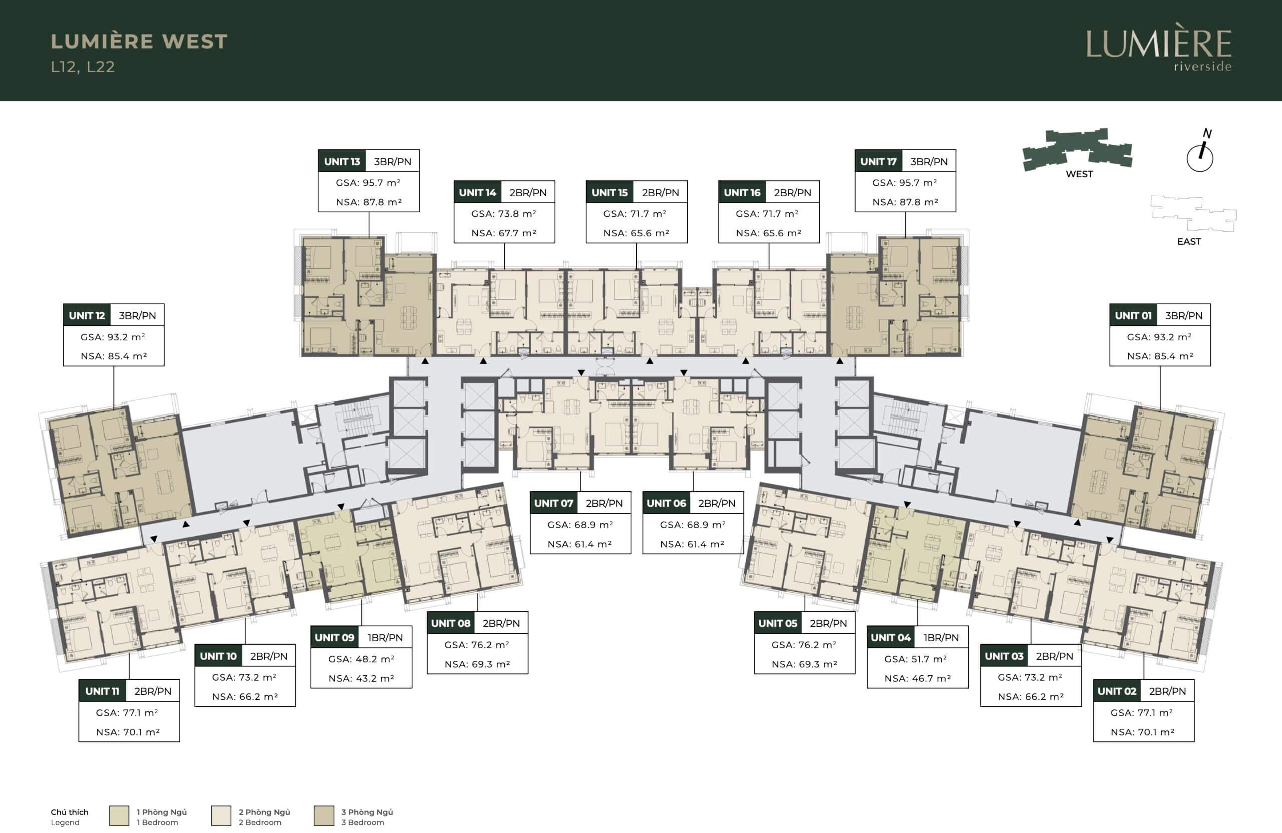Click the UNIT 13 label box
[x=342, y=161]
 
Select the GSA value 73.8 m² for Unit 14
[x=504, y=214]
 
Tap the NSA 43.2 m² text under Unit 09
[x=361, y=678]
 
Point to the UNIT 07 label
[x=554, y=503]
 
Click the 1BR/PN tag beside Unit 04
[x=941, y=638]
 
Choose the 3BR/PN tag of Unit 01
[x=1183, y=315]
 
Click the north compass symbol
[x=1200, y=152]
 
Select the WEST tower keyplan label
[x=1079, y=174]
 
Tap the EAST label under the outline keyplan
[x=1189, y=242]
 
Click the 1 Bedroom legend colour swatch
[x=119, y=816]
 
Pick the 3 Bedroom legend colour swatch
[x=324, y=816]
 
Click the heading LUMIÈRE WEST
[x=140, y=42]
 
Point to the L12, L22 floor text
[x=83, y=67]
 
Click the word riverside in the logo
[x=1202, y=66]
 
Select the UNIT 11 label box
[x=102, y=691]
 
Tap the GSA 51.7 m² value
[x=917, y=659]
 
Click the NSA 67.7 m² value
[x=504, y=233]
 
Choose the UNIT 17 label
[x=878, y=161]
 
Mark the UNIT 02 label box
[x=1117, y=691]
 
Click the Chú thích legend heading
[x=70, y=812]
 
